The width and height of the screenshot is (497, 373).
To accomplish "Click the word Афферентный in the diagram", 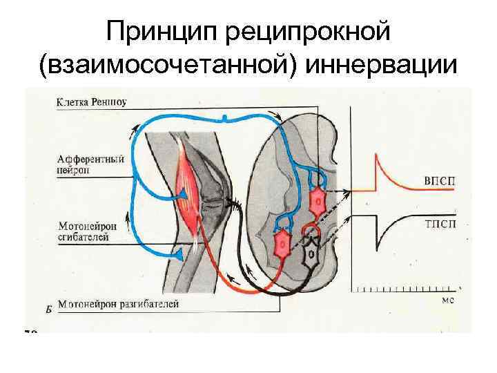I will (91, 158).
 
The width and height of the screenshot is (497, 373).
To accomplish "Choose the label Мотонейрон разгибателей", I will (119, 303).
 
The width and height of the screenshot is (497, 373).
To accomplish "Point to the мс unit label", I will (447, 300).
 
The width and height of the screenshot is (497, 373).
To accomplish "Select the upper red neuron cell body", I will (318, 203).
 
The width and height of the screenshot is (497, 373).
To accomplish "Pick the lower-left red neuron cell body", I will (282, 244).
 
